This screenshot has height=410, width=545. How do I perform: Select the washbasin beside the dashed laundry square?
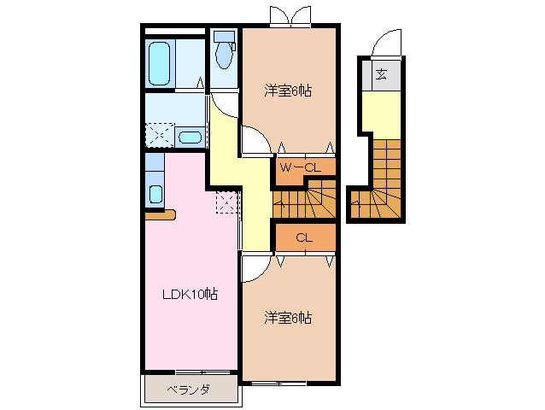pos(190,137)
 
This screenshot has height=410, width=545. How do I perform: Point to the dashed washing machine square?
pos(159,136)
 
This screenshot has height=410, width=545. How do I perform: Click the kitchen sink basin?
pos(155,192)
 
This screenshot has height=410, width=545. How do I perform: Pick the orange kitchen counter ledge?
pos(160,214)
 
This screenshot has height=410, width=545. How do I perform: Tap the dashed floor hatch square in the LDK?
pos(226,202)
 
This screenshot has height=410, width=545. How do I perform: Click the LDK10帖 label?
pos(190,295)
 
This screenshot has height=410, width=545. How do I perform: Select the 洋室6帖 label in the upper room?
pos(286,90)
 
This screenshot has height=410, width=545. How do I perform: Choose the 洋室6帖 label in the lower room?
pos(286,318)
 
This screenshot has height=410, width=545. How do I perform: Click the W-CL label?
pos(300,167)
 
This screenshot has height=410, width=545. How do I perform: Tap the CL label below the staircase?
pos(303,237)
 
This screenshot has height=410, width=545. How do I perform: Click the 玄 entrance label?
pos(381,74)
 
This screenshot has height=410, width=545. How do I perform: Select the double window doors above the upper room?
pos(287,16)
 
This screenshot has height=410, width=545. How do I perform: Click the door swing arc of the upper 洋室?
pos(253,137)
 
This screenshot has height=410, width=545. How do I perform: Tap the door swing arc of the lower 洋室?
pos(254,268)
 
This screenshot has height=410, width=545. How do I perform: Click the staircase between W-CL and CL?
pos(304,203)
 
